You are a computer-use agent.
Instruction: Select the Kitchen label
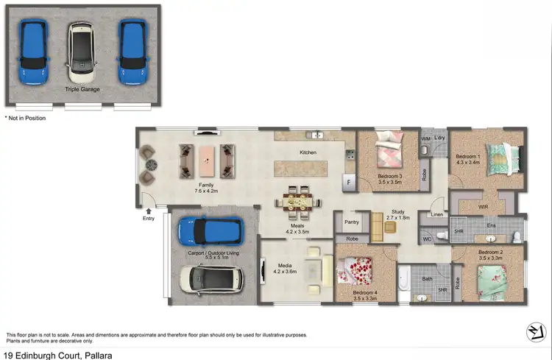[x=308, y=152]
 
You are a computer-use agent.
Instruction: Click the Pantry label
[x=351, y=221]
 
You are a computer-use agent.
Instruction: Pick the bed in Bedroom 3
[x=388, y=154]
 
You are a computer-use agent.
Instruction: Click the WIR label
[x=483, y=207]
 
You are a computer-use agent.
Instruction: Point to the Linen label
[x=436, y=215]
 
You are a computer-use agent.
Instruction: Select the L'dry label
[x=440, y=138]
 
